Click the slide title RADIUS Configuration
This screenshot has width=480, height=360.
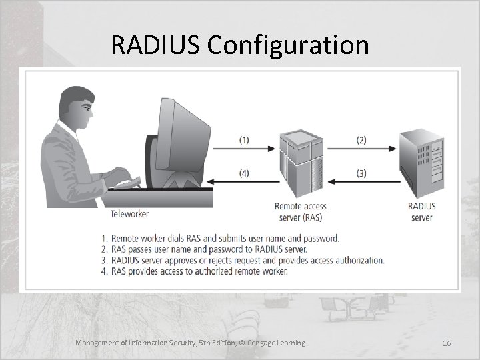240,45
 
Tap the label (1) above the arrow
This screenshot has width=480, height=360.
244,140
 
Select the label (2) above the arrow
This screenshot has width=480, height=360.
361,140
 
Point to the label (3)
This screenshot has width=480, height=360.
361,173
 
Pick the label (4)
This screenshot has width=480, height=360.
244,173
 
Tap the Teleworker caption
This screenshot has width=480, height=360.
129,214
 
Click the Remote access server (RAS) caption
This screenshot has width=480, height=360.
301,212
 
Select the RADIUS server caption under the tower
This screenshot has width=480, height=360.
421,212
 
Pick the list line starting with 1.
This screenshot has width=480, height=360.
220,238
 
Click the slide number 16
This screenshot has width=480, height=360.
447,343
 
